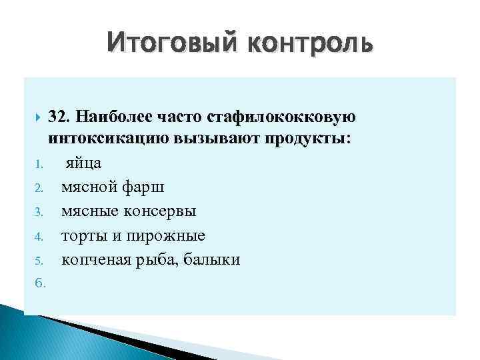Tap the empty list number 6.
point(39,283)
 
